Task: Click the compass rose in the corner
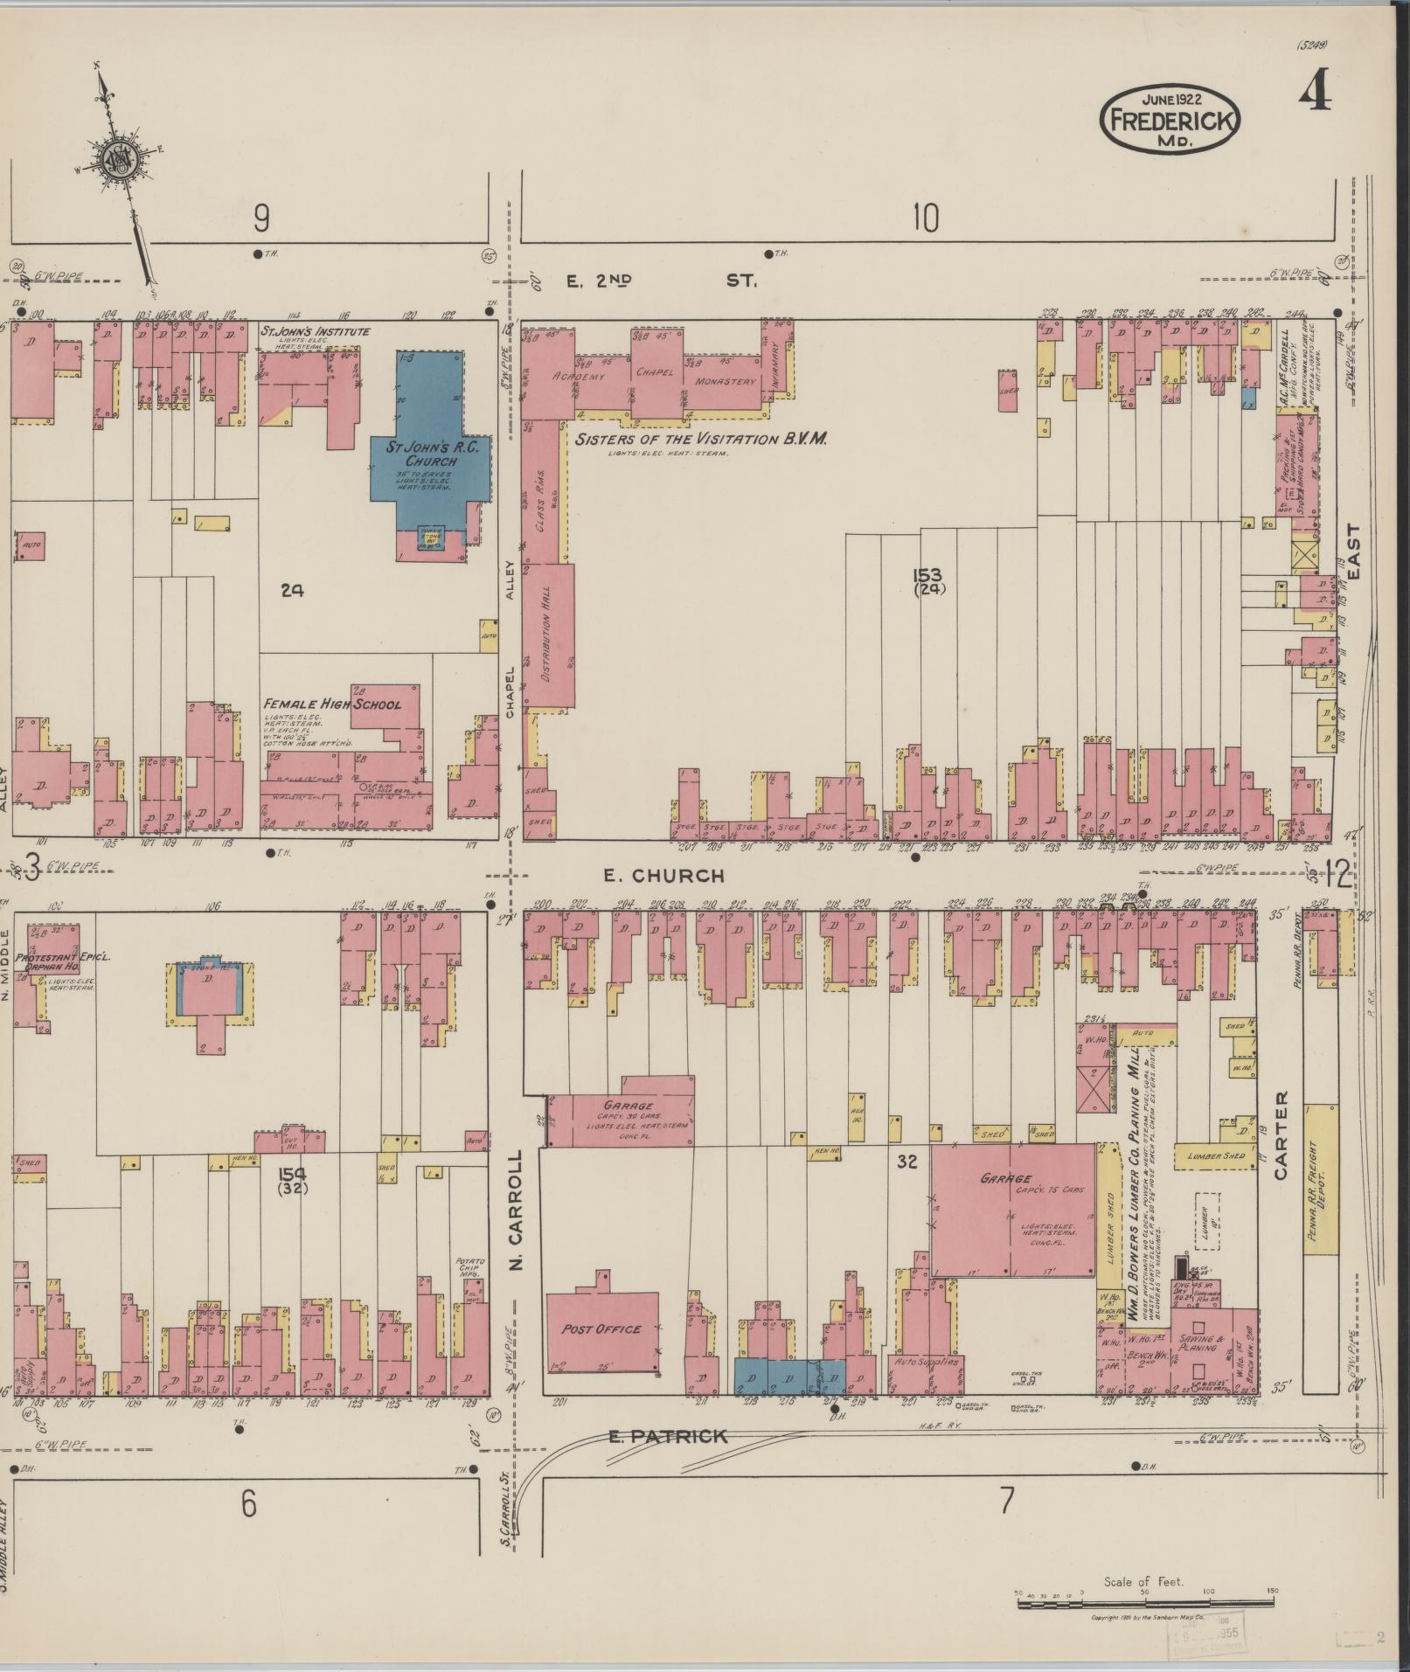[115, 159]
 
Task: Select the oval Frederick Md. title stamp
[1170, 119]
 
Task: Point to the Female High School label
[333, 704]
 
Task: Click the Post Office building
[601, 1329]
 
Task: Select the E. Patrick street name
[668, 1436]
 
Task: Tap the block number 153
[927, 574]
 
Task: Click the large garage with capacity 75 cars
[1011, 1210]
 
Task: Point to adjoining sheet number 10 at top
[925, 218]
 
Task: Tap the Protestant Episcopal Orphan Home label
[54, 962]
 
